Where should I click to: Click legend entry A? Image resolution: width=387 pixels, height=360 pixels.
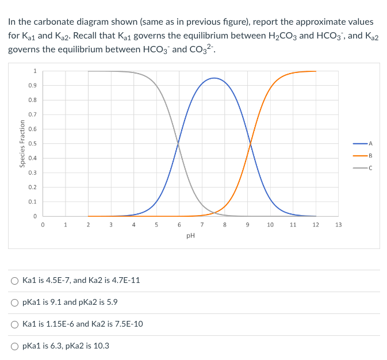tap(363, 143)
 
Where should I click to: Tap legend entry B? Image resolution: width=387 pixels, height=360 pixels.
tap(363, 155)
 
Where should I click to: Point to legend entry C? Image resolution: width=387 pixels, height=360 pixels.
tap(363, 168)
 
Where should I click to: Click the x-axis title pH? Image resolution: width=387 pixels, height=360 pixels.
tap(190, 235)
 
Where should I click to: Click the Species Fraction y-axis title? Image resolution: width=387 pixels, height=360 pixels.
tap(22, 144)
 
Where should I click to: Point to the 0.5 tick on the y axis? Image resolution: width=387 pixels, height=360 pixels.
tap(34, 144)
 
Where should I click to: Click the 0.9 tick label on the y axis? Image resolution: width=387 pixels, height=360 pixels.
tap(34, 86)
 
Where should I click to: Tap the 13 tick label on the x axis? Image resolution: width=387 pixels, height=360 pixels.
tap(338, 225)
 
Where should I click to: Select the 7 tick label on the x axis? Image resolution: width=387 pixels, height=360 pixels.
tap(202, 225)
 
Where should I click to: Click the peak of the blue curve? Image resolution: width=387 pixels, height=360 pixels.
tap(214, 78)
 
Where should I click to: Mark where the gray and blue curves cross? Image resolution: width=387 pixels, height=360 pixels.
tap(178, 144)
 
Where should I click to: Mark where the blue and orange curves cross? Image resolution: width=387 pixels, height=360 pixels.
tap(250, 144)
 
